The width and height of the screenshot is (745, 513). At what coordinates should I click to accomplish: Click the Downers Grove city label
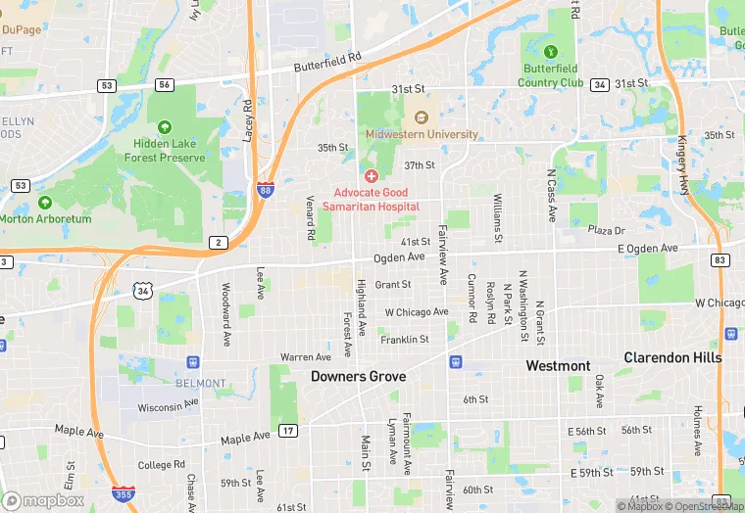(x=358, y=376)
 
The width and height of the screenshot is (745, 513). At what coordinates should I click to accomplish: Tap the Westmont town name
(x=558, y=366)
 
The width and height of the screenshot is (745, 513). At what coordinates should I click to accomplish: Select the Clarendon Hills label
(x=672, y=357)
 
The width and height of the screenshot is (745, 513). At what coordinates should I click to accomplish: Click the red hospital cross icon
(x=372, y=176)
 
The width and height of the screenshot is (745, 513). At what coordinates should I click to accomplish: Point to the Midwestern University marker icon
(x=422, y=117)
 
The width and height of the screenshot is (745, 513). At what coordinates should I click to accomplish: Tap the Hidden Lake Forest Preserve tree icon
(x=164, y=127)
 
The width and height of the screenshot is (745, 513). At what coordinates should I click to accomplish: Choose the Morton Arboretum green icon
(x=44, y=203)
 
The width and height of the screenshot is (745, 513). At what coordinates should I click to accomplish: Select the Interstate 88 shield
(x=266, y=190)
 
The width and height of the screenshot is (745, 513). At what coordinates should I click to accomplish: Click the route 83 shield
(x=720, y=259)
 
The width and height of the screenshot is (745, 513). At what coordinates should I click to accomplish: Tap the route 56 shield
(x=164, y=85)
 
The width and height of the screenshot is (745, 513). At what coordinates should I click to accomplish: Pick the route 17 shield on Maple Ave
(x=287, y=431)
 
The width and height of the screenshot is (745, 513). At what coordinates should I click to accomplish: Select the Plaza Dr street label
(x=606, y=230)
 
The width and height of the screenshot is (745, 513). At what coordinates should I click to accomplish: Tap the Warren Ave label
(x=305, y=357)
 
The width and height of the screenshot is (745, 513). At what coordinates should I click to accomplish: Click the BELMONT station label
(x=201, y=383)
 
